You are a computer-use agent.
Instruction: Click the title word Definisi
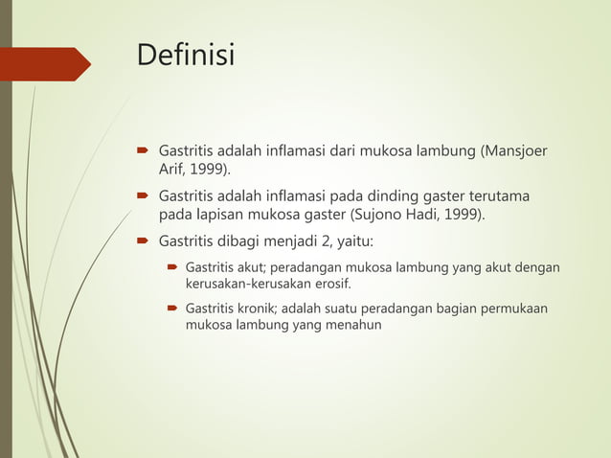click(x=186, y=55)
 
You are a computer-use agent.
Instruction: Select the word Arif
click(x=172, y=170)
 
